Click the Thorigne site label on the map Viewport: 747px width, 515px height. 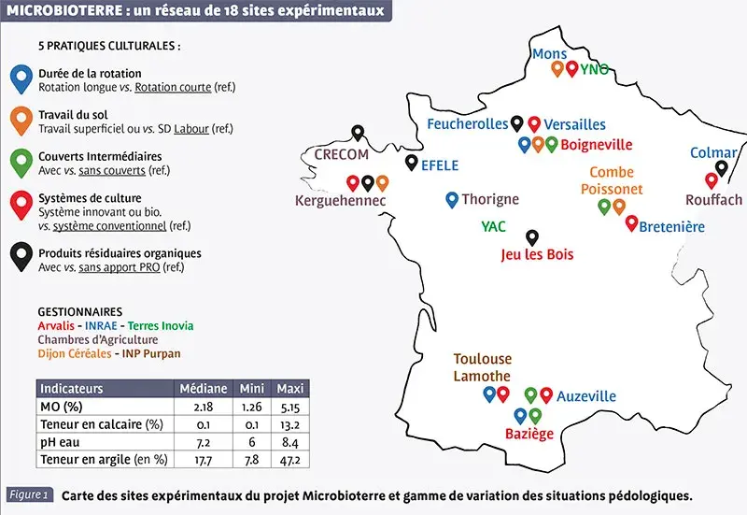coord(490,199)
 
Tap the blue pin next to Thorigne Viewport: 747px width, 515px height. coord(452,198)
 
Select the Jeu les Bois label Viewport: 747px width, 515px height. coord(537,254)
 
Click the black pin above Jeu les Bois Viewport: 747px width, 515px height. coord(532,236)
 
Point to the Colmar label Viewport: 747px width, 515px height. coord(713,152)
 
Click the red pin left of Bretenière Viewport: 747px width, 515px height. coord(631,222)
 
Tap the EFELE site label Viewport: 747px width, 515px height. coord(440,165)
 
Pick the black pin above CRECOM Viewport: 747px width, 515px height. coord(357,133)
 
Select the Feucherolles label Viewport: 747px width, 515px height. coord(468,124)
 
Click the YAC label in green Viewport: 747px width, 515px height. coord(493,226)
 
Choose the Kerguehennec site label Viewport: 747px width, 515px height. coord(334,200)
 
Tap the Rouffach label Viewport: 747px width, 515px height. coord(713,200)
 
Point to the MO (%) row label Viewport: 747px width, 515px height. coord(63,407)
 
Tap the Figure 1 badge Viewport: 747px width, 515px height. coord(29,494)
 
